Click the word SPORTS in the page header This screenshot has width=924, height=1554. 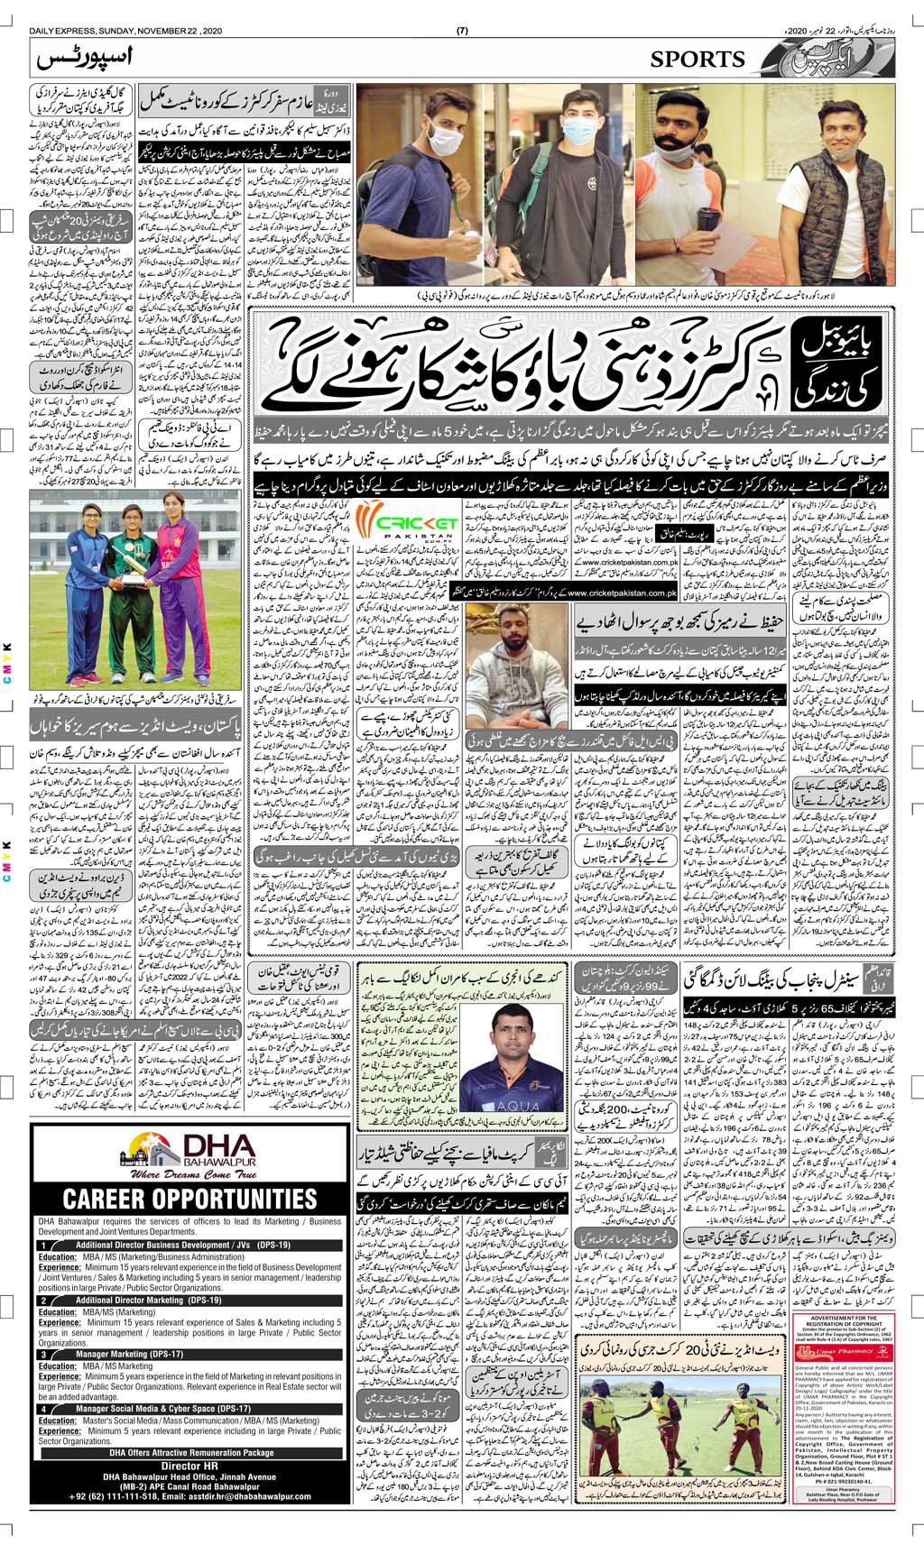(x=698, y=60)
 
